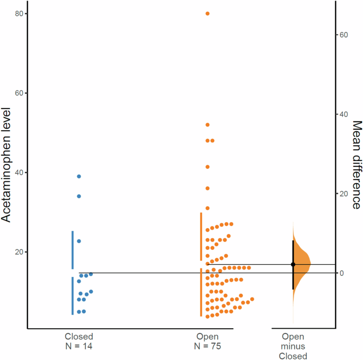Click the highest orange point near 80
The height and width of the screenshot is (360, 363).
(208, 13)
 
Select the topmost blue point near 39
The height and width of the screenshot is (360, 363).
(79, 176)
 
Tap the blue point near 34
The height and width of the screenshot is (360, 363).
(79, 196)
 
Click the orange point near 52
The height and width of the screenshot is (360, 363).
(208, 125)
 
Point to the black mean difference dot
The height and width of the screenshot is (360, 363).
(293, 264)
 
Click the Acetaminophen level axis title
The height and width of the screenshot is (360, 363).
(7, 165)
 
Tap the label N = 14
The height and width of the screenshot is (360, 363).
(79, 346)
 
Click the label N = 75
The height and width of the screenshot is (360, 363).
(208, 346)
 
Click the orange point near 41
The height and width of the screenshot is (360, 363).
(208, 167)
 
